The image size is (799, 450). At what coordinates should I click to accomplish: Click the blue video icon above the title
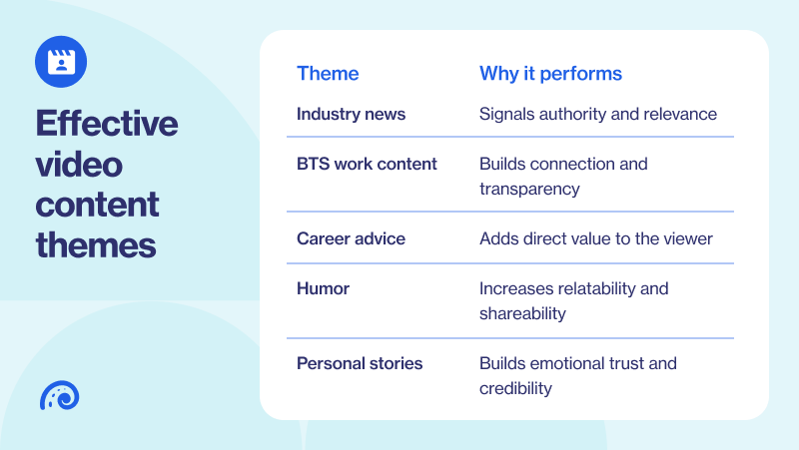point(61,61)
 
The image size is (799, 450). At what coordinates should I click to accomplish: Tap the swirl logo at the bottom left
point(59,395)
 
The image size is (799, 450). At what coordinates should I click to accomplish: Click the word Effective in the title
point(107,125)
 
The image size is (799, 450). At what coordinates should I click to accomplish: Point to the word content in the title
point(98,204)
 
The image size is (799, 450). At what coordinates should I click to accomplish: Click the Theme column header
point(328,74)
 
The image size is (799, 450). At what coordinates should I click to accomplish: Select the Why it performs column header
point(550,74)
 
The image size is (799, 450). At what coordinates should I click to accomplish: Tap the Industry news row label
point(351,114)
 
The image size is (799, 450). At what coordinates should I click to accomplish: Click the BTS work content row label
point(367,164)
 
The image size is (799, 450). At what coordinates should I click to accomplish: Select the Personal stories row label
point(360,363)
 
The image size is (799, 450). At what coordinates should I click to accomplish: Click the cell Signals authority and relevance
point(597,114)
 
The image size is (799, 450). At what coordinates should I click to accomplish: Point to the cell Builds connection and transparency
point(563,176)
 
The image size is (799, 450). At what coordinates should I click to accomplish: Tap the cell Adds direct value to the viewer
point(596,238)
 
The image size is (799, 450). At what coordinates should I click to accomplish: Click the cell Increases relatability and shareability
point(573,300)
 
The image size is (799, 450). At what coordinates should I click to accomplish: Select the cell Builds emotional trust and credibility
point(577,375)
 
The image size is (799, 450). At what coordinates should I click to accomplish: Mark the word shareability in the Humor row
point(522,313)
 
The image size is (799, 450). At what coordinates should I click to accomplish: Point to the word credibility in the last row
point(515,388)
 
